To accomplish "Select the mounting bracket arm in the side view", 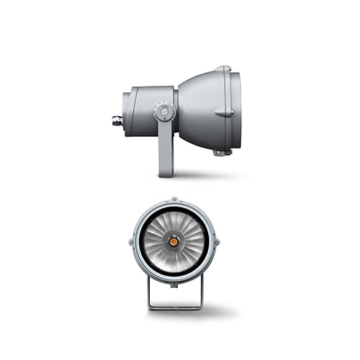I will pos(166,148).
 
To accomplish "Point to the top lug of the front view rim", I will pos(174,200).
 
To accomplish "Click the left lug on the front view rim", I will pos(131,243).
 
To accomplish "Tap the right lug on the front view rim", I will pos(217,243).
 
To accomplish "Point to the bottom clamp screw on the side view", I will pos(220,151).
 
